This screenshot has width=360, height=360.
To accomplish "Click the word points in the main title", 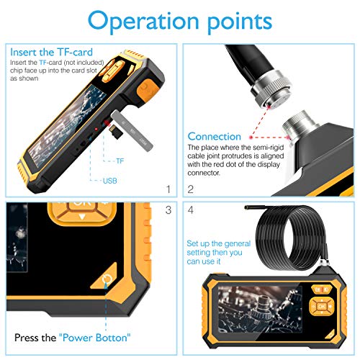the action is click(x=240, y=22).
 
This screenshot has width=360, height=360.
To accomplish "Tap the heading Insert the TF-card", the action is click(x=51, y=52).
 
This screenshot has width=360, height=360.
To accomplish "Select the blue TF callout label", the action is click(x=120, y=161).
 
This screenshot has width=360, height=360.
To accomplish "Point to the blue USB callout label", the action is click(x=109, y=181).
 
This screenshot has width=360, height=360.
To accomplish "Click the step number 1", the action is click(x=168, y=189).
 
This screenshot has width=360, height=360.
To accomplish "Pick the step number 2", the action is click(x=191, y=189).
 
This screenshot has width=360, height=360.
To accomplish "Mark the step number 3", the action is click(x=168, y=210).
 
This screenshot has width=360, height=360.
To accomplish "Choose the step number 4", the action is click(x=191, y=210).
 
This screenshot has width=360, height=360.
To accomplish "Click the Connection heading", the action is click(x=215, y=136).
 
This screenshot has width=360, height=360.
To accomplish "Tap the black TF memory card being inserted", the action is click(x=116, y=132).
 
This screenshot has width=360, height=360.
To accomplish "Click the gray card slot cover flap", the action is click(x=132, y=130).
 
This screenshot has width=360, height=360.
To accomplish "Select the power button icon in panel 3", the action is click(x=107, y=279).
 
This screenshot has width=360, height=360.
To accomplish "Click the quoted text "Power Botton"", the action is click(x=95, y=338).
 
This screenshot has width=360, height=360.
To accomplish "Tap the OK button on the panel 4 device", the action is click(x=321, y=307).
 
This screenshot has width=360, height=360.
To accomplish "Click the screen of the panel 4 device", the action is click(x=260, y=309).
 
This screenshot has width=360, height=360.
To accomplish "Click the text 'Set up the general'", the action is click(x=219, y=243).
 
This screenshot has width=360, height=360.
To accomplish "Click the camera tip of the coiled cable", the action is click(x=246, y=207).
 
